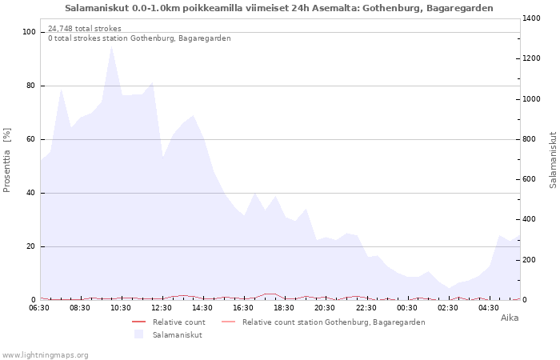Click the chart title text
click(x=279, y=7)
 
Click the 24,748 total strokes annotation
click(x=85, y=29)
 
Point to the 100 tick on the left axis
click(x=30, y=32)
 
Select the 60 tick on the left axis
click(x=32, y=139)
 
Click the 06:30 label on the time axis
click(x=40, y=307)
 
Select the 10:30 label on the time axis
click(x=122, y=307)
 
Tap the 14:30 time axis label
click(x=203, y=307)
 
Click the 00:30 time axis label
click(x=407, y=307)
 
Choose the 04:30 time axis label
click(x=489, y=307)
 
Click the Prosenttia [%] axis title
click(x=7, y=160)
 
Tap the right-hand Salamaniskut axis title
click(x=553, y=160)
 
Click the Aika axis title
click(x=510, y=318)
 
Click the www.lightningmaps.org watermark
click(x=46, y=355)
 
